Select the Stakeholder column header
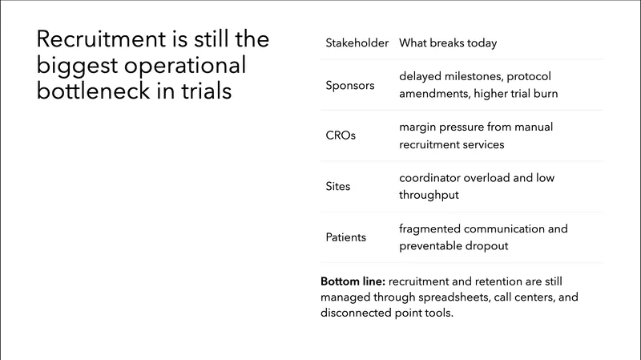tap(357, 42)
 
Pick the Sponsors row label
tap(350, 84)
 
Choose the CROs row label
tap(341, 136)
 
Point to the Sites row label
tap(338, 186)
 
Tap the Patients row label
tap(346, 237)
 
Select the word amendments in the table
tap(429, 93)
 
